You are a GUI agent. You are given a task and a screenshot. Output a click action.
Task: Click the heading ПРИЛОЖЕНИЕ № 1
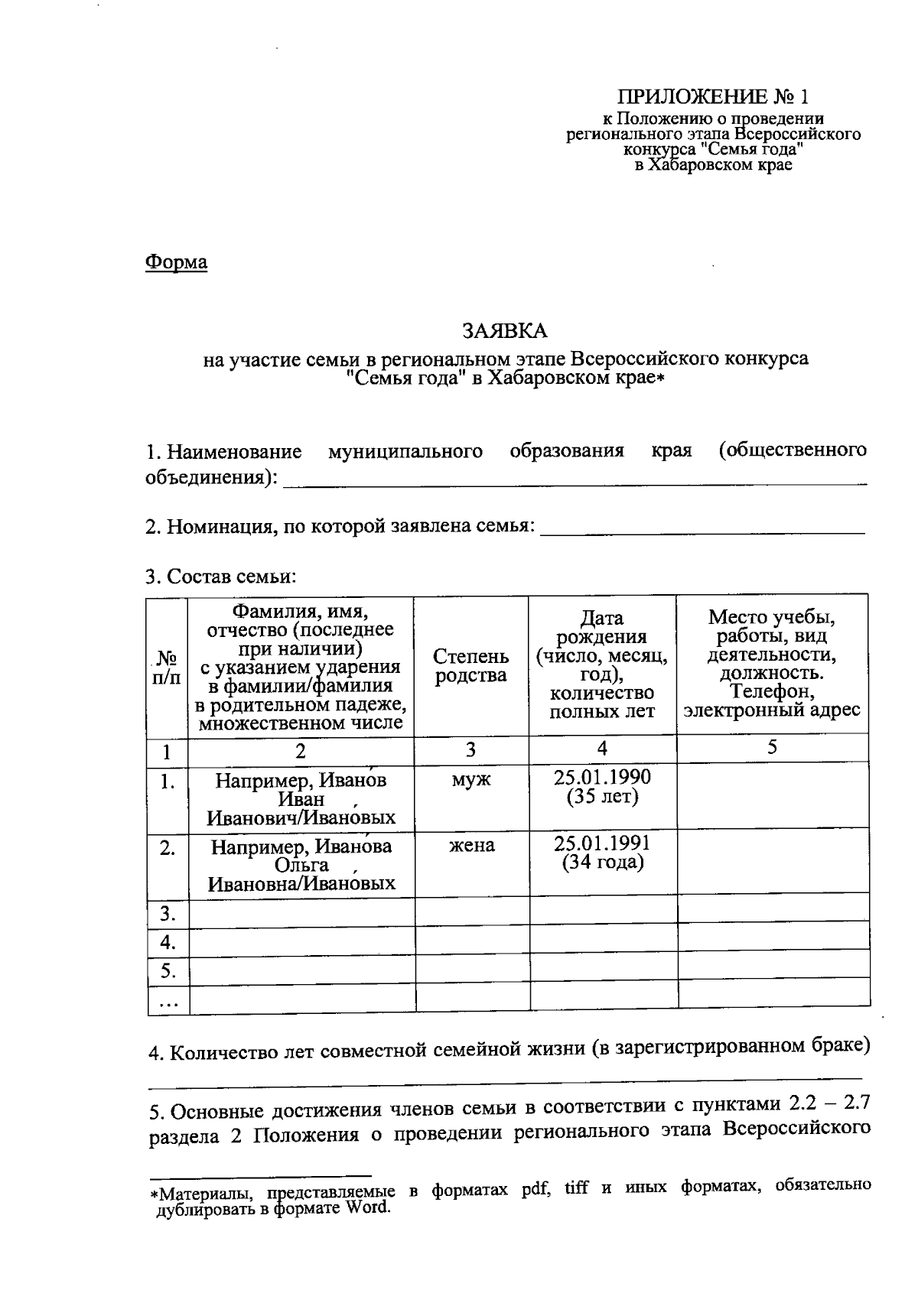tap(712, 97)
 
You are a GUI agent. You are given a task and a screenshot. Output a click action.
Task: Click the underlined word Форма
tap(176, 262)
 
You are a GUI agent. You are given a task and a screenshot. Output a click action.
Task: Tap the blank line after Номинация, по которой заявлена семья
tap(702, 529)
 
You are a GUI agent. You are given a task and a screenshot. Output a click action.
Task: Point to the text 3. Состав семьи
tap(220, 577)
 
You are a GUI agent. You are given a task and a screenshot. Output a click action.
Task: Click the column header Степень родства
tap(470, 665)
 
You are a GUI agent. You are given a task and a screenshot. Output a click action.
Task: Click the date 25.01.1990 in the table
tap(602, 777)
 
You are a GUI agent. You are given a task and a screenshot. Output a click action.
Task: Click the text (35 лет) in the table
tap(602, 797)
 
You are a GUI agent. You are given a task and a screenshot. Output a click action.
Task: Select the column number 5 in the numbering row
tap(772, 748)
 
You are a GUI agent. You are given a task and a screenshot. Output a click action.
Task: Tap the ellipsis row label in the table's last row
tap(168, 1002)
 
